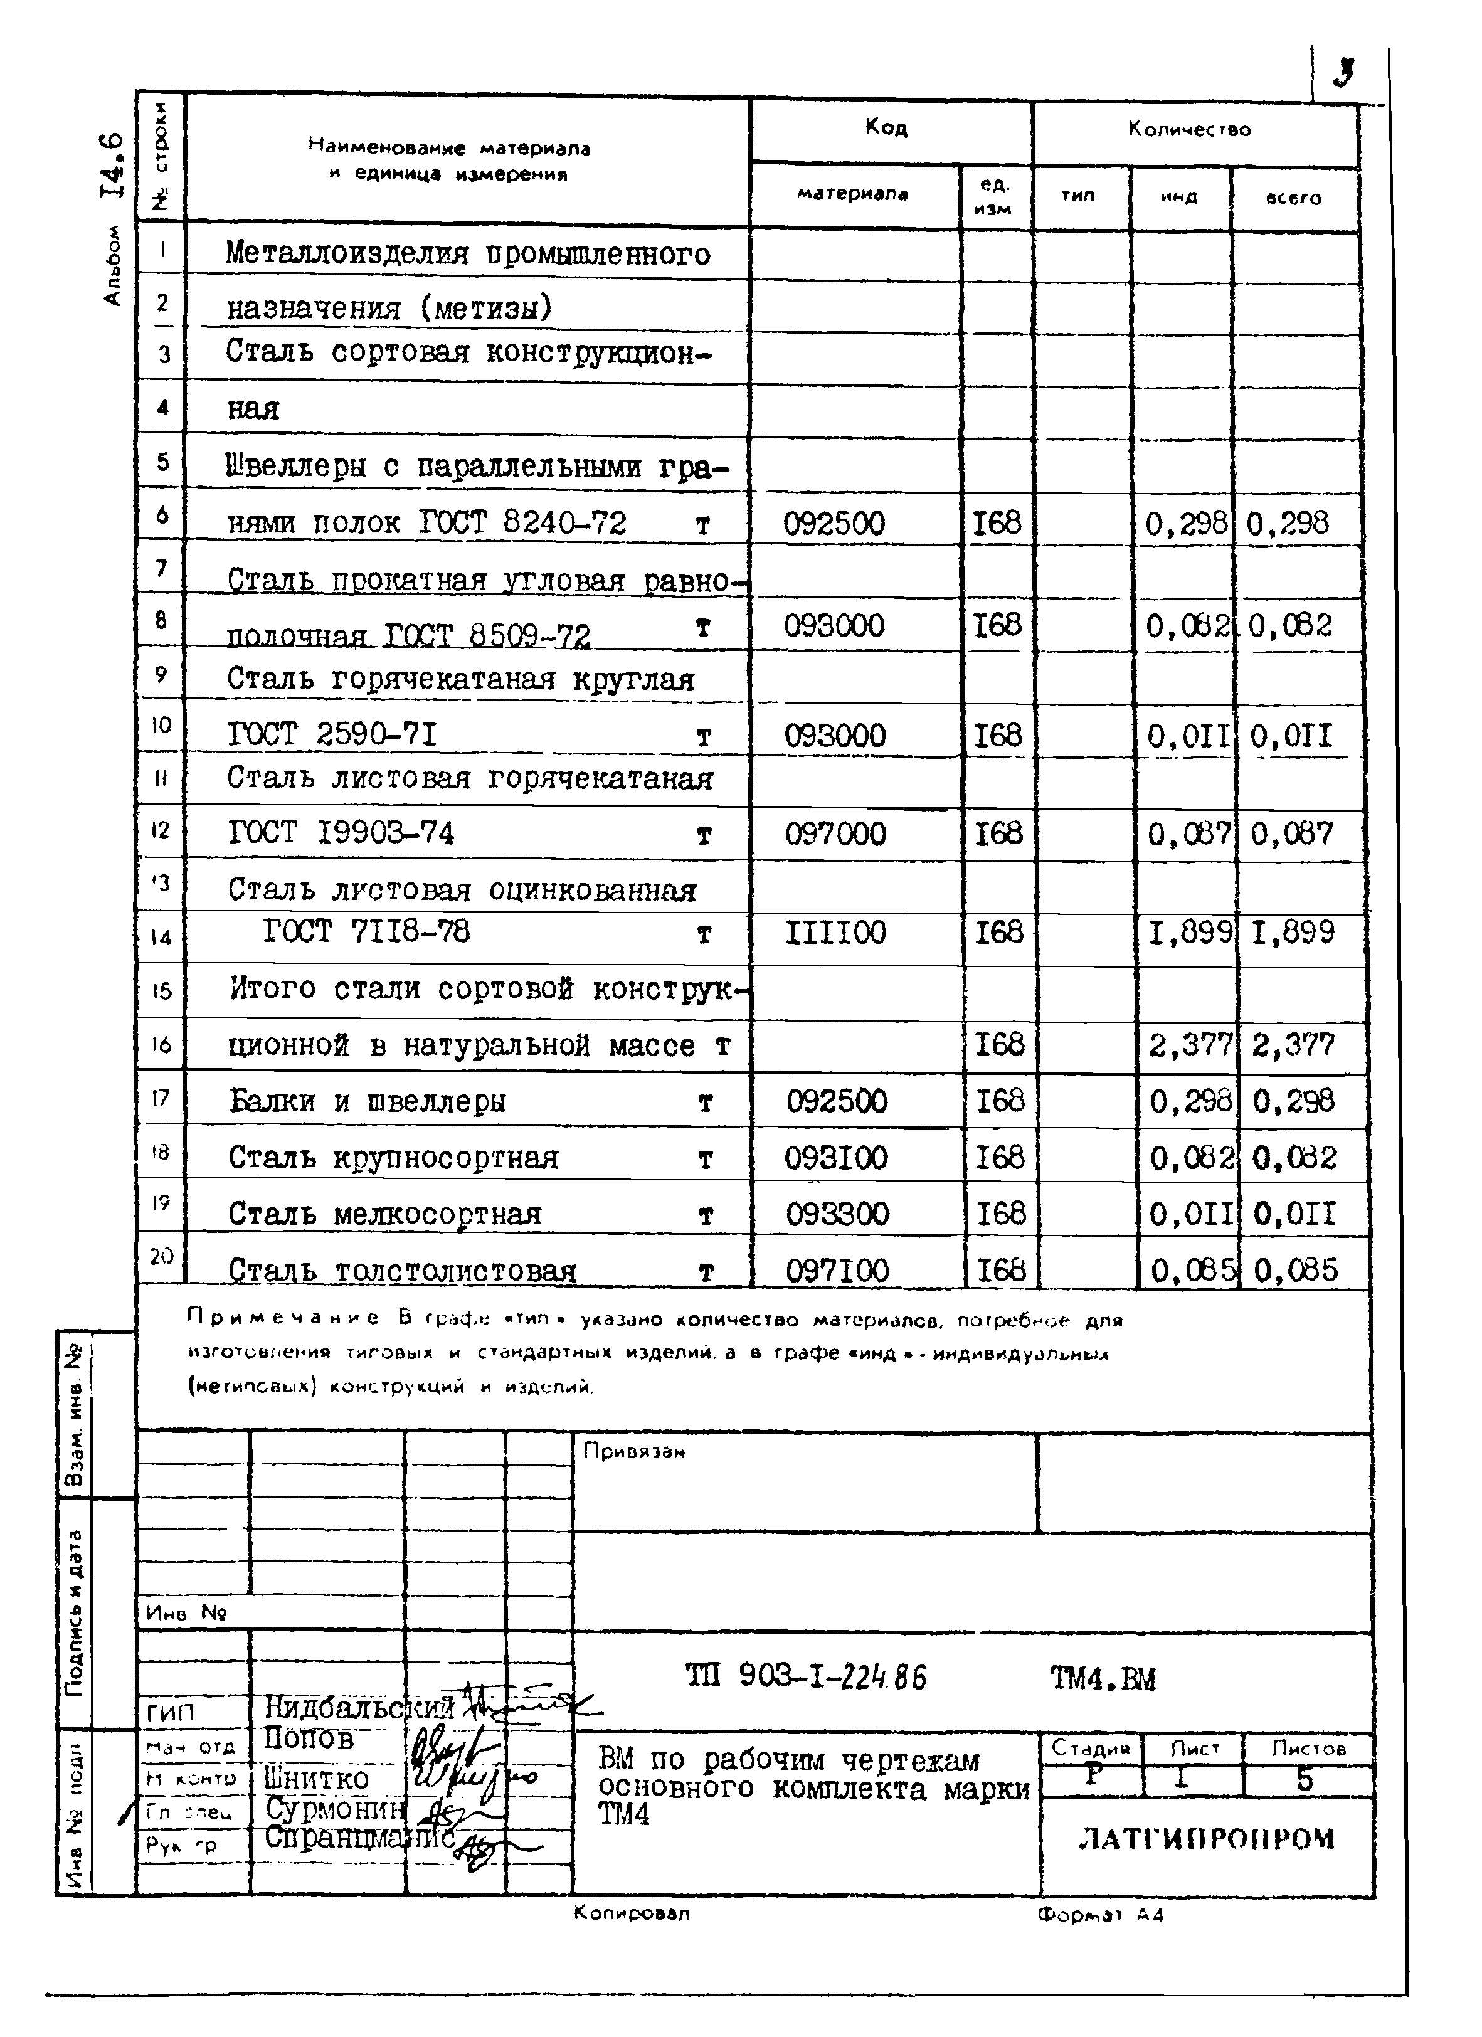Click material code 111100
[x=835, y=933]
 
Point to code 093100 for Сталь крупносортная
[x=836, y=1158]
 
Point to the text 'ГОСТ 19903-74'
[x=341, y=834]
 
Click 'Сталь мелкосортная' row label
[x=384, y=1214]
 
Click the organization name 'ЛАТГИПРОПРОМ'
[x=1206, y=1839]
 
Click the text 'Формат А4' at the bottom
[x=1099, y=1914]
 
